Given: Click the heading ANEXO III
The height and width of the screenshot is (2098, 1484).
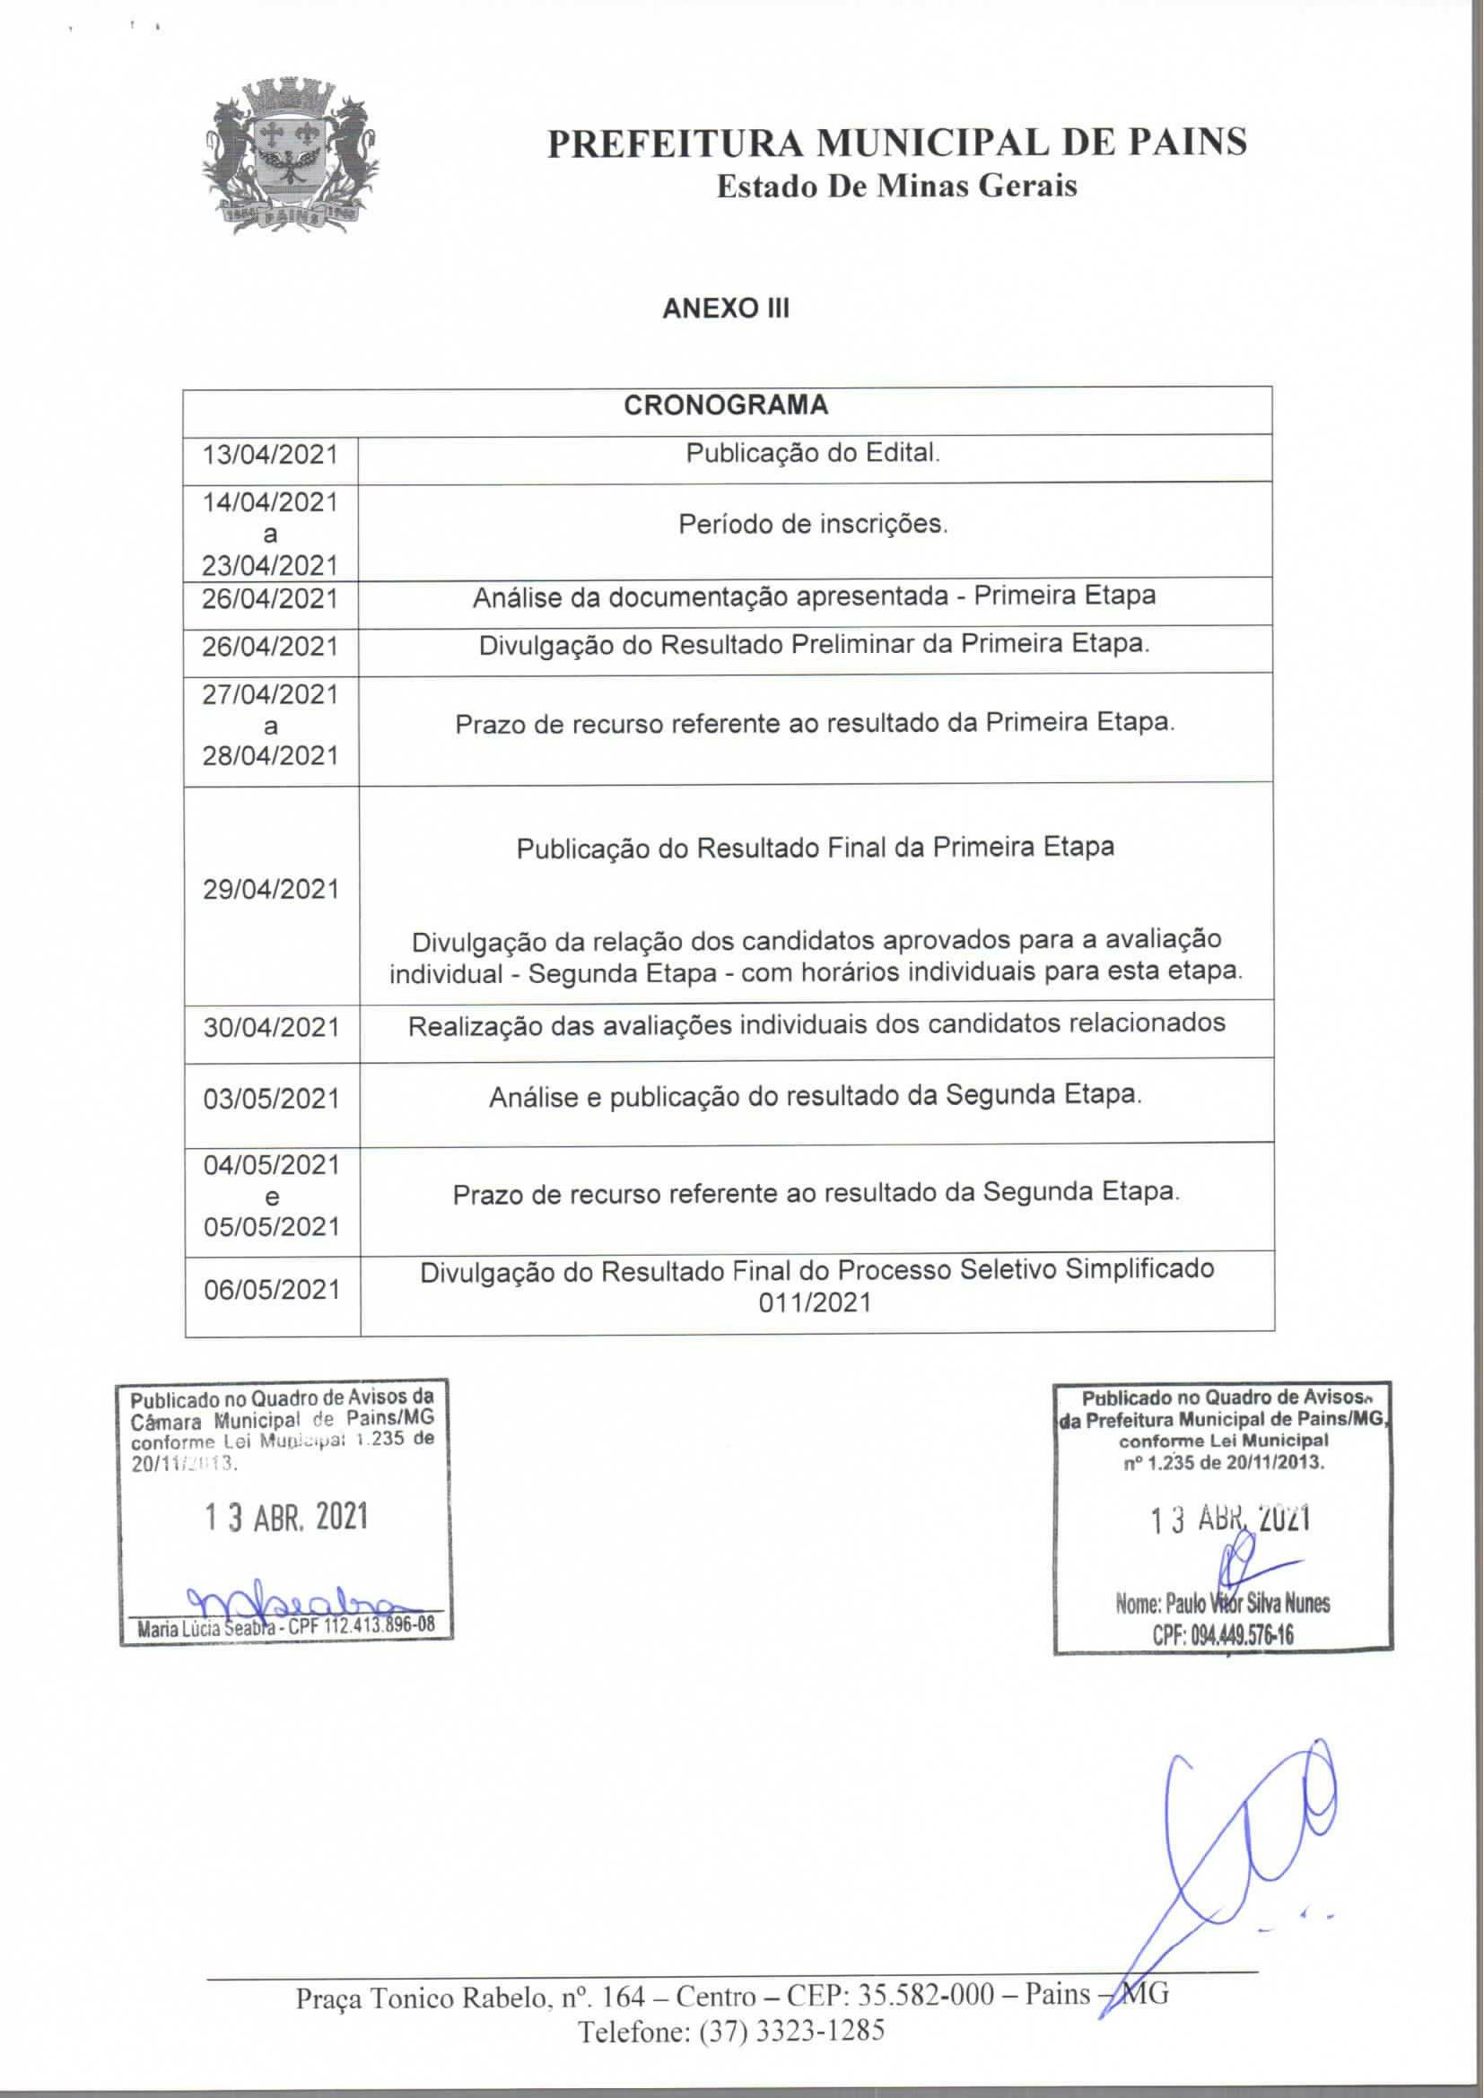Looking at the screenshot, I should click(726, 308).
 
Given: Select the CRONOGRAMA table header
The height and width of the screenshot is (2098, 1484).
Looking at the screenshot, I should click(726, 405).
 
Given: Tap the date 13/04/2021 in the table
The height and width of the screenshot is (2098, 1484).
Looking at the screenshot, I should click(269, 454).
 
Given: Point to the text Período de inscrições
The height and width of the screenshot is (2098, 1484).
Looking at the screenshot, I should click(812, 525).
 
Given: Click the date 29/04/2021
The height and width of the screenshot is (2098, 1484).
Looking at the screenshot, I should click(270, 888).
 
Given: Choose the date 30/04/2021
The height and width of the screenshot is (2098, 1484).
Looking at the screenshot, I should click(270, 1027).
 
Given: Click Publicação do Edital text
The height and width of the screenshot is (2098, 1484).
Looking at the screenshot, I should click(812, 452).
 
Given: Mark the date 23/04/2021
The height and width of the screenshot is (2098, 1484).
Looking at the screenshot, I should click(269, 565).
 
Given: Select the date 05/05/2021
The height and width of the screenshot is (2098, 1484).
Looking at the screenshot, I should click(271, 1226).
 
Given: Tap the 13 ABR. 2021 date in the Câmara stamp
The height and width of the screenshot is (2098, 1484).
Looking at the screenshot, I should click(285, 1517).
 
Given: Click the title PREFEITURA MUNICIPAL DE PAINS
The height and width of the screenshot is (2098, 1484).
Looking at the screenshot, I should click(896, 143).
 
